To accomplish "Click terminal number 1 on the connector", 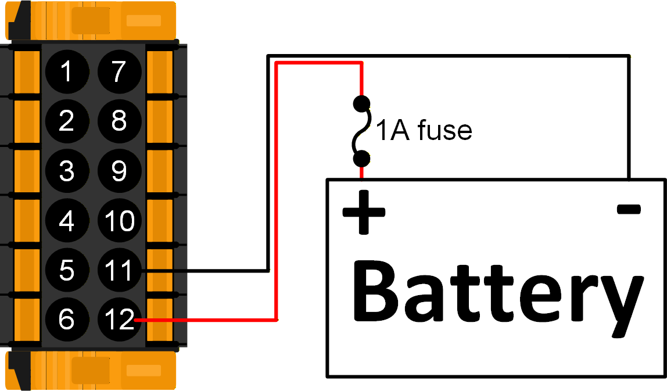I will [67, 72].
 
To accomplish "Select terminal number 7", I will [119, 72].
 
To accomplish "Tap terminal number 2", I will [67, 121].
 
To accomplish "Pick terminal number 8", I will [119, 121].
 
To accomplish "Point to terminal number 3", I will [67, 171].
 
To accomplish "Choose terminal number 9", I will [119, 171].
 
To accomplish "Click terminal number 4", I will [67, 221].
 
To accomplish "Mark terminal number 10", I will [119, 221].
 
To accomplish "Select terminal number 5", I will [67, 271].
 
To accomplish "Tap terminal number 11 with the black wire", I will [119, 271].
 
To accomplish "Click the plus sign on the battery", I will [364, 212].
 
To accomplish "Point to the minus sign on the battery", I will [629, 209].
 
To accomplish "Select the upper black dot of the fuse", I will [361, 103].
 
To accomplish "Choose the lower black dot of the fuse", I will [361, 158].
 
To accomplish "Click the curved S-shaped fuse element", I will [361, 131].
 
